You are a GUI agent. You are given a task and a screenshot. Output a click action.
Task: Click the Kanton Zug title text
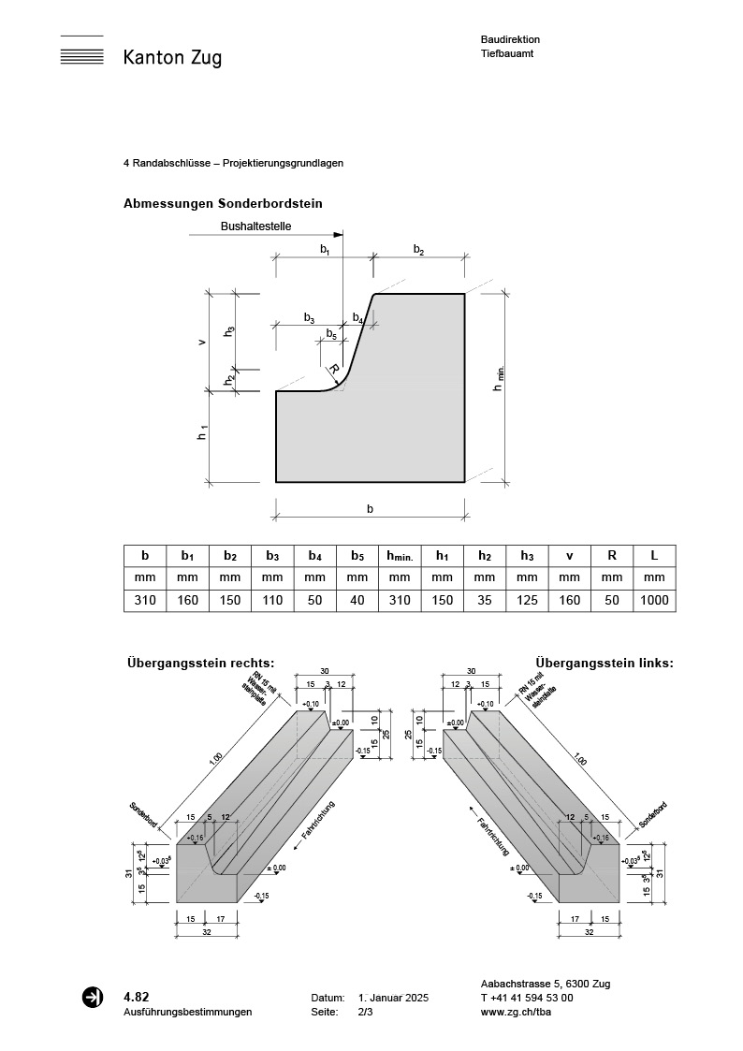click(x=172, y=58)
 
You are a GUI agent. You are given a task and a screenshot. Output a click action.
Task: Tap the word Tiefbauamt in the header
click(x=505, y=54)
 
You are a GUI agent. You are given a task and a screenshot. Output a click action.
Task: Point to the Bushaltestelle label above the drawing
click(x=256, y=226)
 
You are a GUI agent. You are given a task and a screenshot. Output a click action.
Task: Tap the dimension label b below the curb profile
click(x=371, y=509)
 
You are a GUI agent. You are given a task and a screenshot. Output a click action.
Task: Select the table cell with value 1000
click(x=654, y=600)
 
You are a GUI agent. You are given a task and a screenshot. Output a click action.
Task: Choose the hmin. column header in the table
click(x=400, y=556)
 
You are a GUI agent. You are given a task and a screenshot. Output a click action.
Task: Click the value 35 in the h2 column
click(x=485, y=600)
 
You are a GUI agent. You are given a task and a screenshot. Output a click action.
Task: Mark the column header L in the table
click(x=654, y=556)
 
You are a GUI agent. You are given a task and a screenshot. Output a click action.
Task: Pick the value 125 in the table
click(x=528, y=600)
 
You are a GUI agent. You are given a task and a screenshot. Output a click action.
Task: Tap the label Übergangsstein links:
click(x=605, y=664)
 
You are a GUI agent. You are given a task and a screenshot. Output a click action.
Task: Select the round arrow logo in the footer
click(x=94, y=998)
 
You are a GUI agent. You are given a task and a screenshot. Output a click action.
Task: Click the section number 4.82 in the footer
click(x=137, y=997)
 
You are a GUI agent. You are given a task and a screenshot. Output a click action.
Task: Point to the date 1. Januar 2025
click(x=393, y=999)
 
